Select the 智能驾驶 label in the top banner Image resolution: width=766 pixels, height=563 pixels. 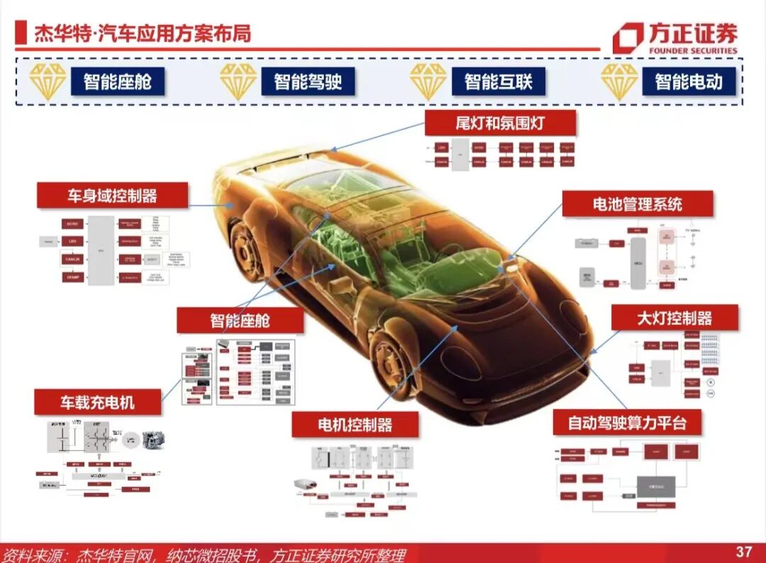308,81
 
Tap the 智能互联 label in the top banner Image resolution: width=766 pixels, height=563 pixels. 498,81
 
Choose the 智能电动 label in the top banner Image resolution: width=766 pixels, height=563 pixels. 688,81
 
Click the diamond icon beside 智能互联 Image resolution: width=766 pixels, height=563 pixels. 428,81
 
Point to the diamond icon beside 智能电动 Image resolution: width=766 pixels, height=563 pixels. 619,81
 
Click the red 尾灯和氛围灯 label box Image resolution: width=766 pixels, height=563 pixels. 499,123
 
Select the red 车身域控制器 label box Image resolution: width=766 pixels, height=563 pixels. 112,195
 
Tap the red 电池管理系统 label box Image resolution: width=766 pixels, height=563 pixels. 637,204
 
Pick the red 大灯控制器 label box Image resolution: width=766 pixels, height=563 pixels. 674,317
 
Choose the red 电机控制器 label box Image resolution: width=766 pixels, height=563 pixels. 355,425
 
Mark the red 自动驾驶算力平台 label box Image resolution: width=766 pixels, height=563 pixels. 627,423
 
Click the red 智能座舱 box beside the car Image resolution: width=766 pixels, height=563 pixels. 240,320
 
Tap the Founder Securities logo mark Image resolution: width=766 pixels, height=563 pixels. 628,38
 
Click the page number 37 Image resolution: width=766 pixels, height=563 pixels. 743,551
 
